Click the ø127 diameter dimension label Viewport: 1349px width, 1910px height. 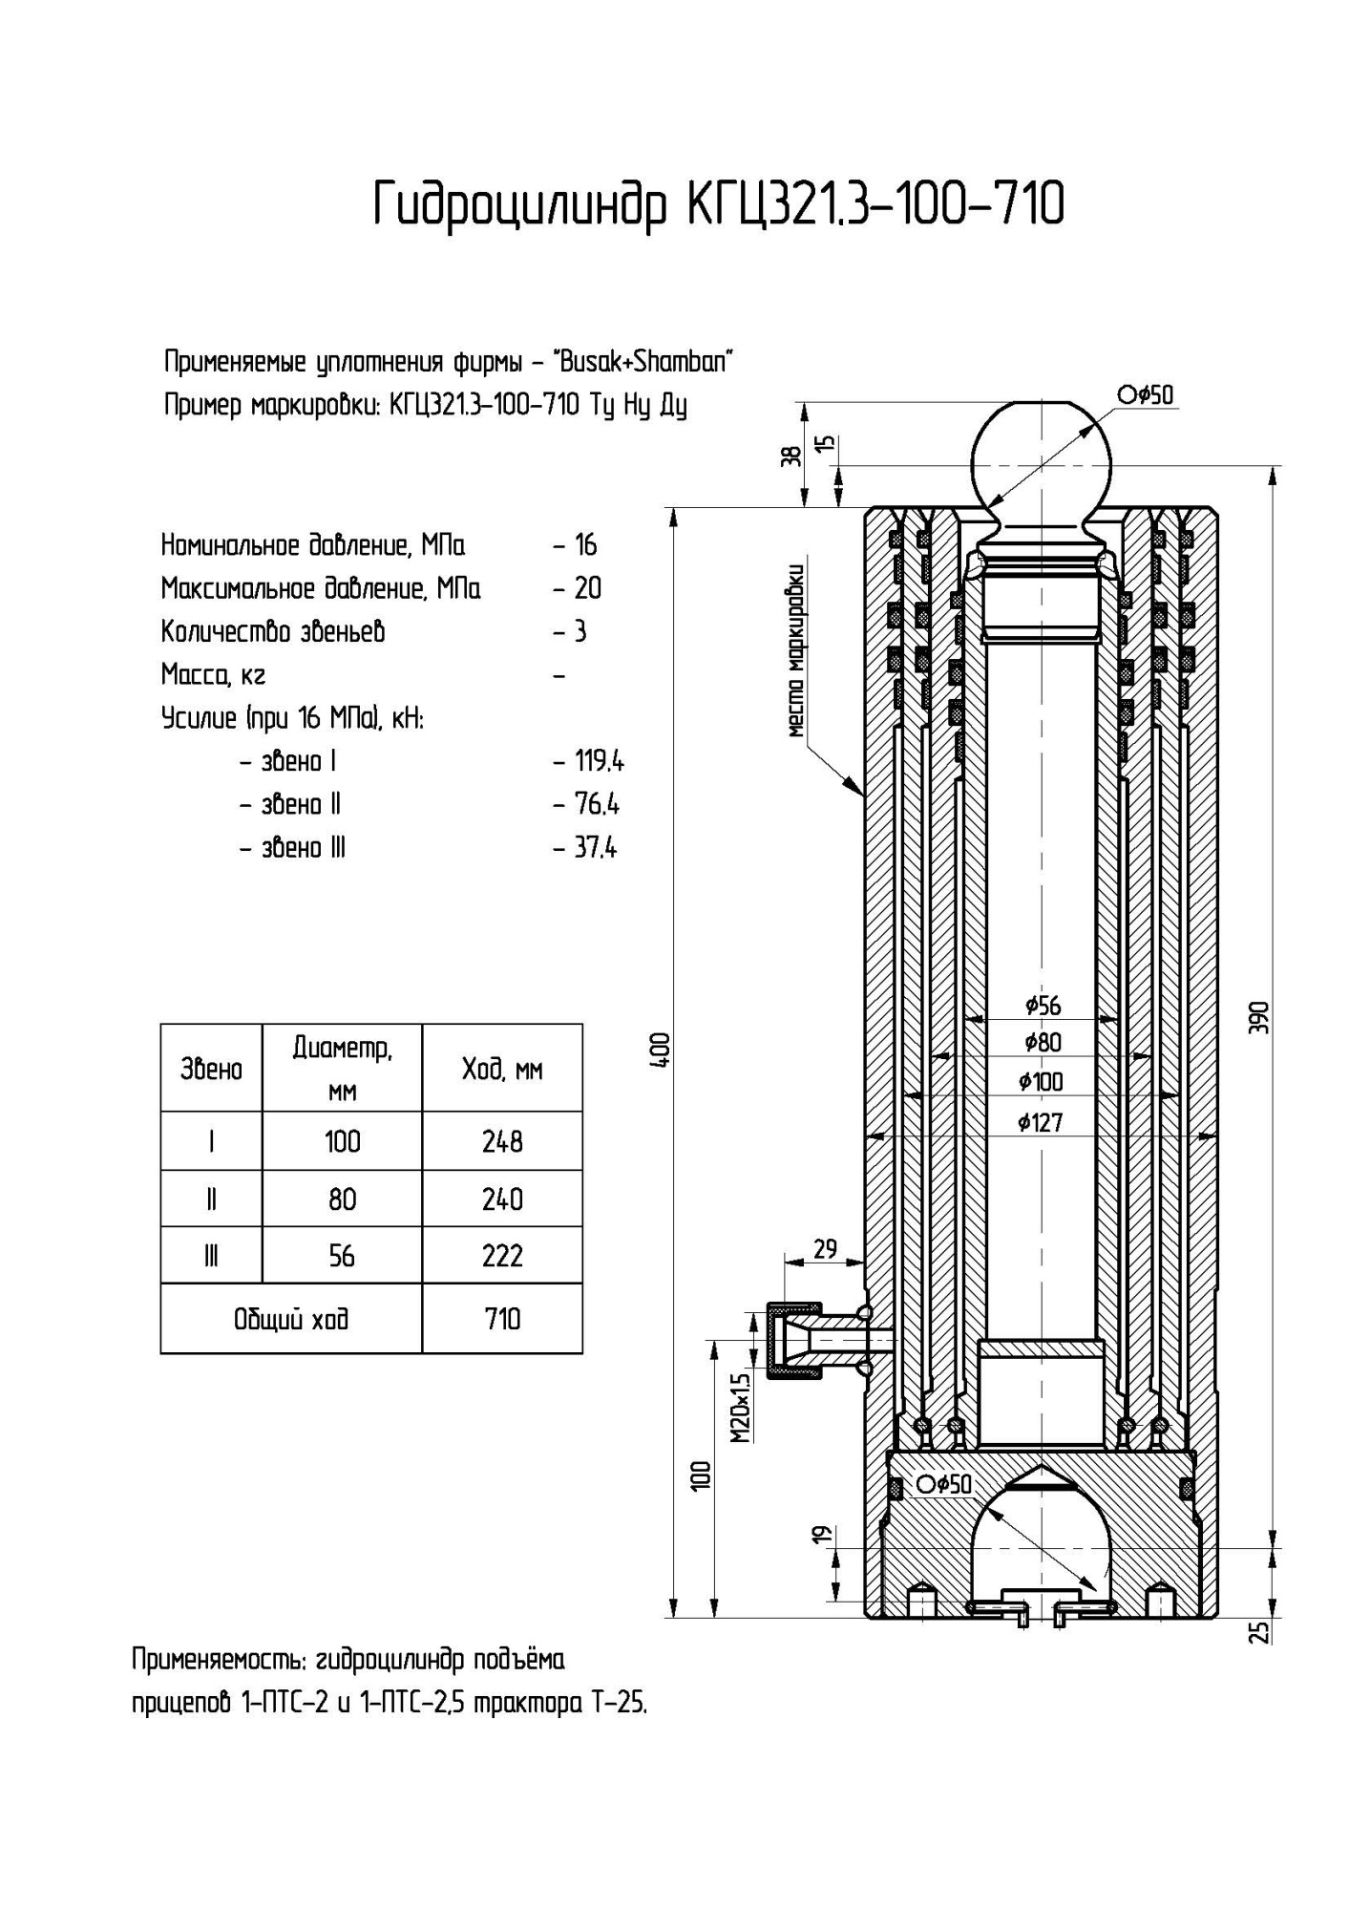pos(1041,1122)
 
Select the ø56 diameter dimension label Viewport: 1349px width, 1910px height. pos(1043,1005)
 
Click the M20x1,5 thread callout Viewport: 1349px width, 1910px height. pos(742,1409)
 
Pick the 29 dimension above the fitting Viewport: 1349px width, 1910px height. pos(824,1248)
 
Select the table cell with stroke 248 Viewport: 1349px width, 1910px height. pos(502,1141)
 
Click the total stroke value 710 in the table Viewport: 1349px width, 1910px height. pos(502,1319)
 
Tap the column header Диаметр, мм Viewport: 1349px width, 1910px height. pos(342,1068)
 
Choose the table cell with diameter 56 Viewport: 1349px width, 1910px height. pos(342,1255)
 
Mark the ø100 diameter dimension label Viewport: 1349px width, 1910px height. pos(1041,1082)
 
